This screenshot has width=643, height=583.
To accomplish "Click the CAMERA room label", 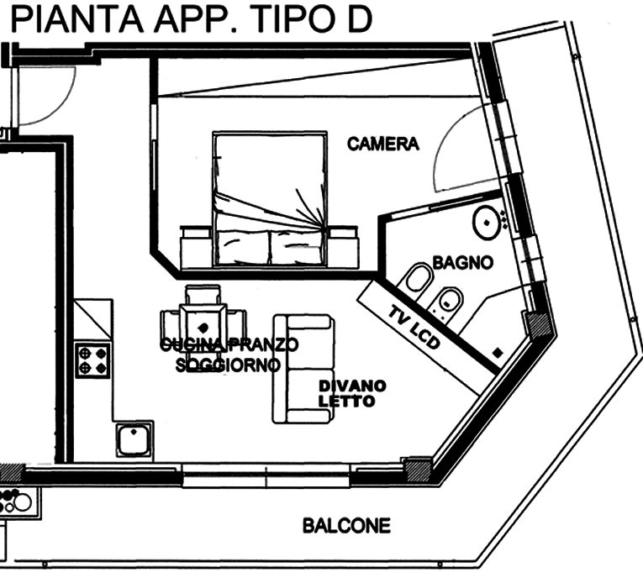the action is tap(383, 144).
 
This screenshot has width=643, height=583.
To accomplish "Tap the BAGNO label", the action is tap(463, 262).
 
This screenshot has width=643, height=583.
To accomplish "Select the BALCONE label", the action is tap(346, 526).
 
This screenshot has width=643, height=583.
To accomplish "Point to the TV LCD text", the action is tap(414, 327).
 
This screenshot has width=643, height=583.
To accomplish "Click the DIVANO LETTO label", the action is tap(352, 394).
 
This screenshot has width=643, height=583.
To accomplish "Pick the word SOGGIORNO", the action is tap(228, 365).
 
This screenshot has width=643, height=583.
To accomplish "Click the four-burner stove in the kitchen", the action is tap(93, 360).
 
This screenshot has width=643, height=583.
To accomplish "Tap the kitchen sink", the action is tap(134, 441).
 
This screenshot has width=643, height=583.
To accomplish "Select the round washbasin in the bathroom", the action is tap(487, 223).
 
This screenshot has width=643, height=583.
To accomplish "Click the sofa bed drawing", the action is tap(303, 369).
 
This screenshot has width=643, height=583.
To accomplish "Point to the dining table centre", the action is tap(203, 327).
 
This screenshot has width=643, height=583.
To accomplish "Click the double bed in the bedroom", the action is tap(270, 199).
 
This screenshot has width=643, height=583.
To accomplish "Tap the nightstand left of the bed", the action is tap(196, 247).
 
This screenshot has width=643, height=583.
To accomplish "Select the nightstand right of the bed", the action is tap(344, 247).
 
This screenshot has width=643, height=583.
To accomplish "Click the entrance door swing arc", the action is tap(61, 108).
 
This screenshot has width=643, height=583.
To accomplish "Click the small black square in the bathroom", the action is tap(498, 353).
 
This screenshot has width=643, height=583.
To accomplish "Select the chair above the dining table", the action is tap(203, 294).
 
